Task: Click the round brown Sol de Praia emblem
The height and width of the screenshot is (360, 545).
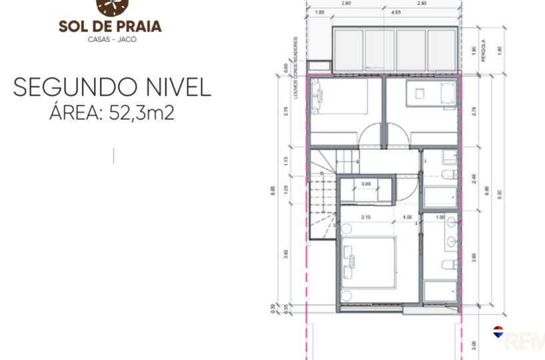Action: pos(109,7)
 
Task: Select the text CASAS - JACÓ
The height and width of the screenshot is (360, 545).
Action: pos(110,39)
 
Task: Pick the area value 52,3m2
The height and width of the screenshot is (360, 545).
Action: pos(138,113)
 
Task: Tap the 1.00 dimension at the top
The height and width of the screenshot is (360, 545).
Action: pos(320,12)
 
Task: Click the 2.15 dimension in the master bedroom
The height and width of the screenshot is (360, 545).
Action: pos(365,217)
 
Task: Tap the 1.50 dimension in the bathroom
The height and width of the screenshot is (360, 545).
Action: pos(440,217)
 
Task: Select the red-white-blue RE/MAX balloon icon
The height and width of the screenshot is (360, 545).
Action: pos(498,331)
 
